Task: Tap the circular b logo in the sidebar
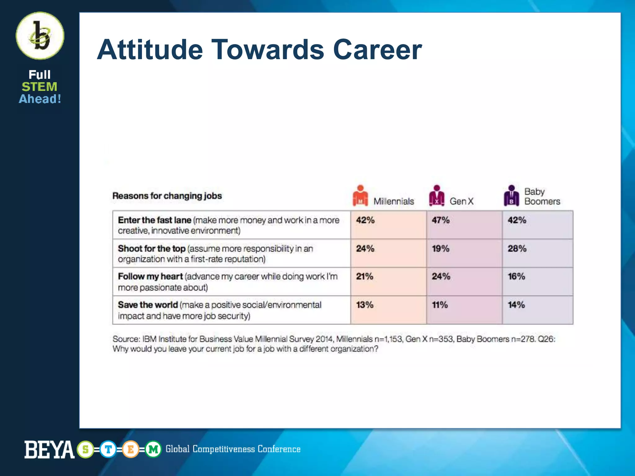tap(40, 36)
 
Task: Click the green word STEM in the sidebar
tap(39, 87)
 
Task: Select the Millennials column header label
tap(393, 201)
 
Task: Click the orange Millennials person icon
tap(360, 196)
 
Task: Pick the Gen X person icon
tap(437, 196)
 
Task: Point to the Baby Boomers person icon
tap(511, 196)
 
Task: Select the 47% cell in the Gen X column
tap(441, 220)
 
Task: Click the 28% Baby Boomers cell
tap(517, 249)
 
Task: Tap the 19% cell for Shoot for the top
tap(441, 249)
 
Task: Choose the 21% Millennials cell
tap(365, 276)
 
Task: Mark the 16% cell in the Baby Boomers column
tap(516, 276)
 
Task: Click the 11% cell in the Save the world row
tap(440, 305)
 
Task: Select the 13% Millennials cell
tap(365, 305)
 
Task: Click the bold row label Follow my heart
tap(150, 276)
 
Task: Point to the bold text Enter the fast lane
tap(154, 220)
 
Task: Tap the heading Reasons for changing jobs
tap(167, 196)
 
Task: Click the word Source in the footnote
tap(126, 339)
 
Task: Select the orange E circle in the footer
tap(131, 449)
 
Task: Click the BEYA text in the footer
tap(49, 450)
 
